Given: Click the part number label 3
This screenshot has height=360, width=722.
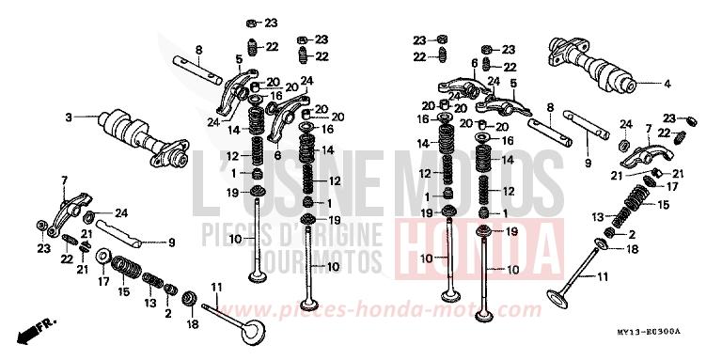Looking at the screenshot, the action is tap(69, 117).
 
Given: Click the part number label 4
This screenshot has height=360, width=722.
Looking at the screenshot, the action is tap(667, 84).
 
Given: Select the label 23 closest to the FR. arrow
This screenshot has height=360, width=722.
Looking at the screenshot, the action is tap(43, 249).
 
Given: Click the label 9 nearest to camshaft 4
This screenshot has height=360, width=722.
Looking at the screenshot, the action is tap(588, 164).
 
